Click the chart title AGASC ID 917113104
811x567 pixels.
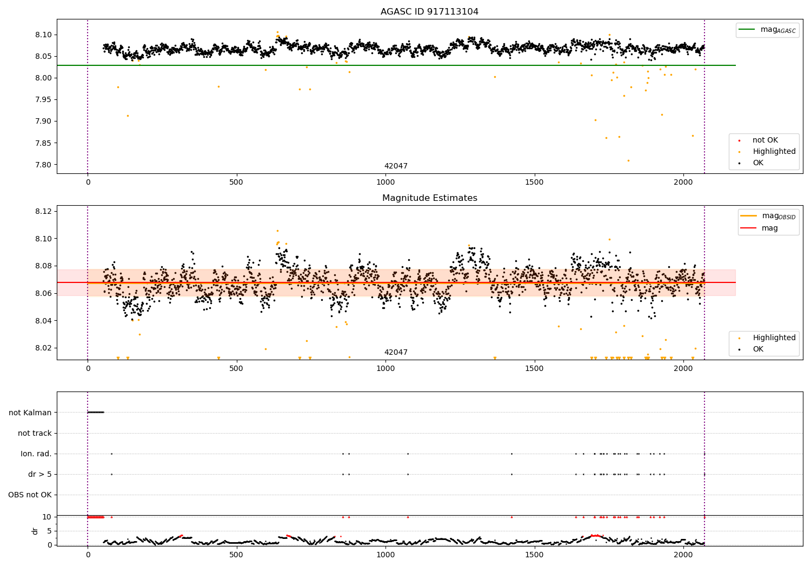pos(429,12)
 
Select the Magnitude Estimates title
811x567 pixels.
pos(429,198)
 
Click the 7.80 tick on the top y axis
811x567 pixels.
pos(43,165)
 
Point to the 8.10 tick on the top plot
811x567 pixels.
pos(43,35)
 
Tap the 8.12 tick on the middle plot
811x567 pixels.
pos(43,211)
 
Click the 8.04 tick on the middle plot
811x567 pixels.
pos(43,321)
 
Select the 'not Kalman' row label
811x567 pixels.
pos(30,413)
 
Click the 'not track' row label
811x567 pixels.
pos(35,433)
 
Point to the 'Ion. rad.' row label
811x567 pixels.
pos(36,454)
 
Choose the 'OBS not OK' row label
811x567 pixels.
pos(30,495)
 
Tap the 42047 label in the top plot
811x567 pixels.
pos(396,166)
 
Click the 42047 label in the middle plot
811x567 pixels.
pos(396,353)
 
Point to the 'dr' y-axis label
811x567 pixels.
pos(35,531)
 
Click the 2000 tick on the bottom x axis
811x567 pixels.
pos(683,555)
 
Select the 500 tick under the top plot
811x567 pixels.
pos(236,183)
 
